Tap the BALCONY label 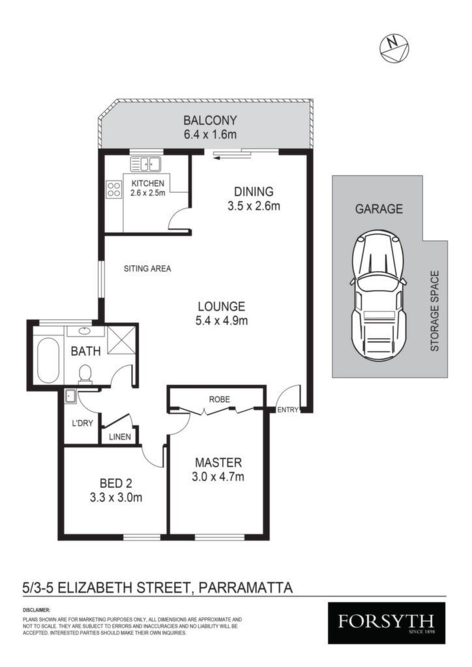coord(210,121)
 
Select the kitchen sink coord(145,163)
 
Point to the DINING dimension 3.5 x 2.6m coord(254,206)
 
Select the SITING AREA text coord(147,268)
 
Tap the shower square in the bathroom coord(121,339)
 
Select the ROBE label coord(220,399)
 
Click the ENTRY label coord(288,410)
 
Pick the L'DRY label coord(81,423)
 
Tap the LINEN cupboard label coord(120,437)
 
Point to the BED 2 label coord(116,483)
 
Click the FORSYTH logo coord(387,623)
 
